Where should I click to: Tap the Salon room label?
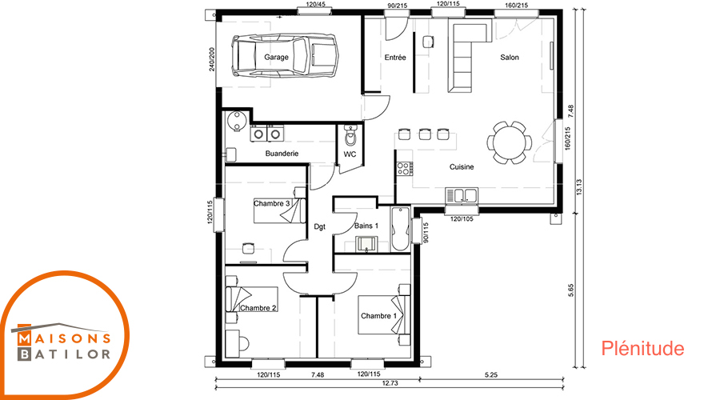click(510, 58)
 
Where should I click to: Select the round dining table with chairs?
click(510, 142)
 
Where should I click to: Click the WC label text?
click(350, 154)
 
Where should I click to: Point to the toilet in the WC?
click(351, 134)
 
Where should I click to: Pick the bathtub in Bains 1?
click(401, 229)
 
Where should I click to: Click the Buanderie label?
click(282, 154)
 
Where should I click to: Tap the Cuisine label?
click(462, 167)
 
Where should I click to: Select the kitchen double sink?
click(462, 195)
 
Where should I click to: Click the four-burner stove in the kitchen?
click(404, 169)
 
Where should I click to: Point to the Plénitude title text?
click(642, 349)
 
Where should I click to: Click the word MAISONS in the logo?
click(65, 339)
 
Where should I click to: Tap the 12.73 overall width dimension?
click(390, 383)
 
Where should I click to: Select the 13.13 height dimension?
click(578, 187)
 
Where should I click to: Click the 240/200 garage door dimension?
click(212, 59)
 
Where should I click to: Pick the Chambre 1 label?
click(379, 316)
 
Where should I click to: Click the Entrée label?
click(395, 58)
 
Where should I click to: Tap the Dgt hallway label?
click(319, 226)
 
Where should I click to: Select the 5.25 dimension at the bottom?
click(491, 374)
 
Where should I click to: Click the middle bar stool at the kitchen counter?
click(425, 134)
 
